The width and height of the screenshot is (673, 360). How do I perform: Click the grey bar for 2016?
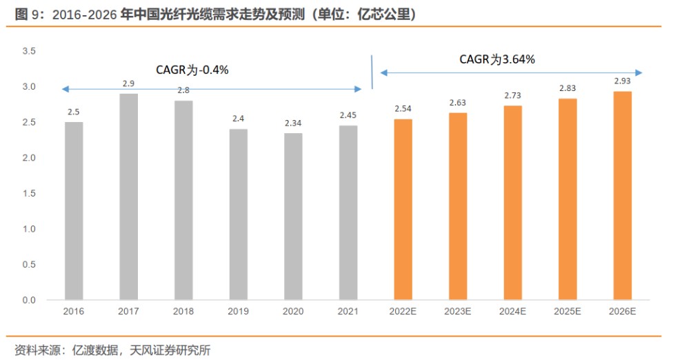74,211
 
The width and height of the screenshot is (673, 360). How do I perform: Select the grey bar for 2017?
128,197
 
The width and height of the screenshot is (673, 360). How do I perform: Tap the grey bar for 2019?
239,214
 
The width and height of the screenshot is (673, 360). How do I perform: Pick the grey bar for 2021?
348,212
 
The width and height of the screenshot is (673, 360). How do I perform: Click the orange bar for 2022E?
403,210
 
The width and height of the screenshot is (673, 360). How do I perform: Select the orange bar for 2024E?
512,203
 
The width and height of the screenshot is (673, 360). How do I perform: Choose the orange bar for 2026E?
622,196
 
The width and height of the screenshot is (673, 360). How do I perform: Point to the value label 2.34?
293,123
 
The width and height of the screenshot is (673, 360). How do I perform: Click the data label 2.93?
622,81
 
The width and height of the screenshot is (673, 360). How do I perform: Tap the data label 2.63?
458,103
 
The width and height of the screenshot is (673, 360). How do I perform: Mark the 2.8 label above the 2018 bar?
183,90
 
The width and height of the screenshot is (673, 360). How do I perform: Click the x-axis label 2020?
293,312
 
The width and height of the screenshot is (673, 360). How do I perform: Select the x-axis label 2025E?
567,312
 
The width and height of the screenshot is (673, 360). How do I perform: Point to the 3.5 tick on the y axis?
29,52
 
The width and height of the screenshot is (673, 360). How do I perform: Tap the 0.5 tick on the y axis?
29,265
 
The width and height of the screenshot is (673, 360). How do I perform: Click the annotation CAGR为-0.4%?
192,70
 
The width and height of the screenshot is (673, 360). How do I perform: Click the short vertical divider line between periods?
372,72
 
